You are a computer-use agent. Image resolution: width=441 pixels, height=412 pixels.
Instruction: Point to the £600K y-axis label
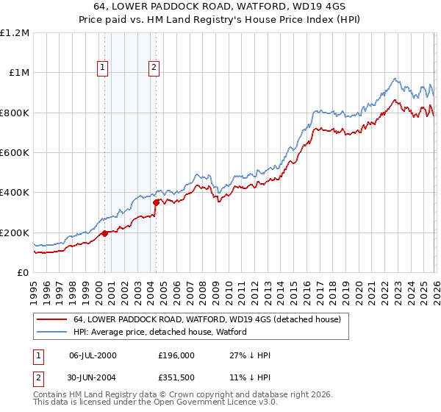15,153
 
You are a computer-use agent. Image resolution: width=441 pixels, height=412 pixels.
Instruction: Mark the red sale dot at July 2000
105,233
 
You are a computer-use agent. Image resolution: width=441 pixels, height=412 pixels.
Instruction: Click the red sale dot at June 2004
156,202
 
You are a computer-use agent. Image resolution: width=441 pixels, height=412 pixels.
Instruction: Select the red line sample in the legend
52,320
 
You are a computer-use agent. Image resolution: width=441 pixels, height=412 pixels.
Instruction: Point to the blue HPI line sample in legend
52,333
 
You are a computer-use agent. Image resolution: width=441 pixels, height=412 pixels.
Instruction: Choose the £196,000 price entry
176,355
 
